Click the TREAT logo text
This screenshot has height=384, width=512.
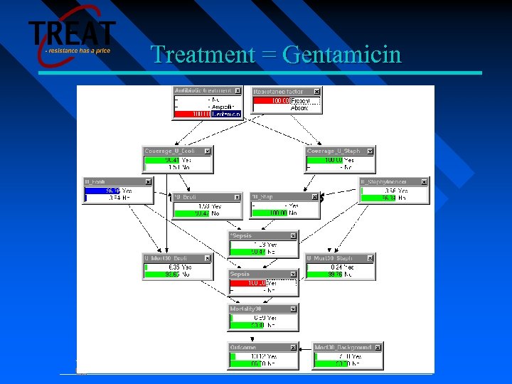pyautogui.click(x=72, y=34)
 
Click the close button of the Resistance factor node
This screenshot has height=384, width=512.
pyautogui.click(x=317, y=91)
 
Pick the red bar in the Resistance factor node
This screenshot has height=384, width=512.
pyautogui.click(x=270, y=101)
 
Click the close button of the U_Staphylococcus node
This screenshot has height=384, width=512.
pyautogui.click(x=425, y=181)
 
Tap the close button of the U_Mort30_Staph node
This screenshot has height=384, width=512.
pyautogui.click(x=370, y=257)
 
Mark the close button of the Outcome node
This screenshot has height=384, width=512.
pyautogui.click(x=292, y=347)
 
